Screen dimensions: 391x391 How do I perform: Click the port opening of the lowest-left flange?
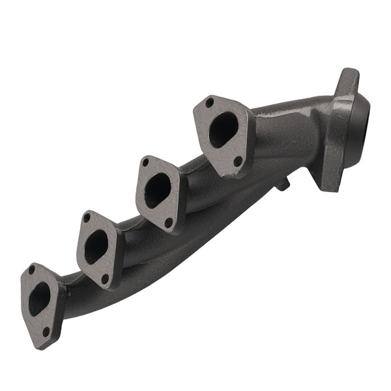pyautogui.click(x=40, y=298)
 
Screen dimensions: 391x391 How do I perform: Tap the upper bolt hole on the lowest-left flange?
pyautogui.click(x=31, y=269)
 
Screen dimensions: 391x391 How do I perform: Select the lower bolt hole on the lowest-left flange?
pyautogui.click(x=46, y=332)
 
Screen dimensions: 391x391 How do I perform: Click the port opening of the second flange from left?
pyautogui.click(x=96, y=246)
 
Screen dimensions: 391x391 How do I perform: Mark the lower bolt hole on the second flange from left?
pyautogui.click(x=105, y=278)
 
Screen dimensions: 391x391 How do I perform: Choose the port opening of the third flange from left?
pyautogui.click(x=157, y=191)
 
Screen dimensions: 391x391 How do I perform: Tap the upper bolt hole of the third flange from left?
pyautogui.click(x=145, y=162)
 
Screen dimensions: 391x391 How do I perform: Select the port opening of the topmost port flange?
pyautogui.click(x=222, y=130)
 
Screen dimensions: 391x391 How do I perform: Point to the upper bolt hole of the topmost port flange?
pyautogui.click(x=209, y=102)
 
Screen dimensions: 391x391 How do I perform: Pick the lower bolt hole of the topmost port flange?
pyautogui.click(x=238, y=160)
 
